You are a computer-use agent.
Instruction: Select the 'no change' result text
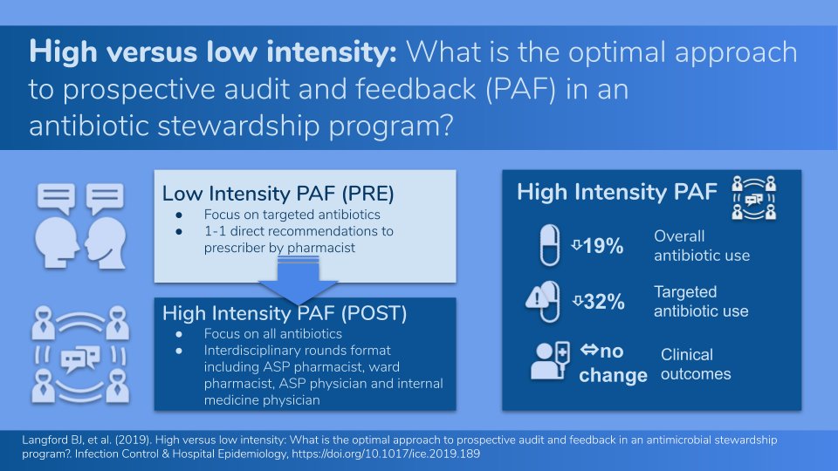(x=614, y=364)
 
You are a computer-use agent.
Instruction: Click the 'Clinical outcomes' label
(x=696, y=365)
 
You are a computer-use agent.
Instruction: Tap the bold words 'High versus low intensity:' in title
(x=214, y=52)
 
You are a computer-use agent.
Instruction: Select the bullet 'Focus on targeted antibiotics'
(x=292, y=215)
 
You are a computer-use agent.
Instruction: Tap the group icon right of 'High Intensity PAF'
(x=752, y=197)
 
